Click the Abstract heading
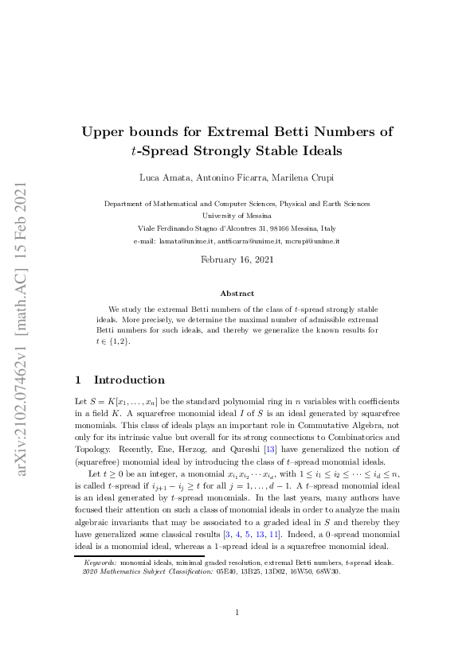click(237, 294)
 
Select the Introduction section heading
click(129, 380)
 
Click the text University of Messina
click(237, 216)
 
